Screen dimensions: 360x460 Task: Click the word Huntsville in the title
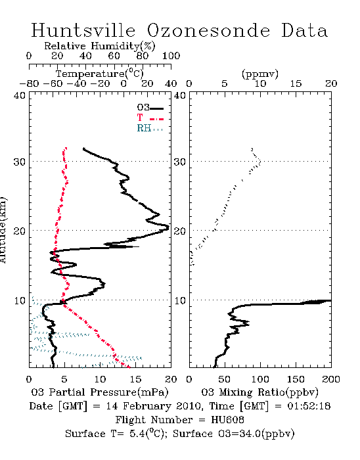pos(83,30)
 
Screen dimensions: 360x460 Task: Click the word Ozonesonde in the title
pos(208,30)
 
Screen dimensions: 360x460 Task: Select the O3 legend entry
pos(150,107)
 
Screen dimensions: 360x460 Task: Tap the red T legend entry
pos(150,118)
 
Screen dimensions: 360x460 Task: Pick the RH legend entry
pos(150,128)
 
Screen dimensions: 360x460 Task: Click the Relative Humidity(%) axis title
pos(99,46)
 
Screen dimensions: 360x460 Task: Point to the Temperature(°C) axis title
pos(99,74)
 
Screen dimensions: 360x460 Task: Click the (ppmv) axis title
pos(260,74)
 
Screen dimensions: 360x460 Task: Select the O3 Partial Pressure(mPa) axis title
pos(100,392)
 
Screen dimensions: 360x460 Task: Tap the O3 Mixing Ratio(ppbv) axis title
pos(259,392)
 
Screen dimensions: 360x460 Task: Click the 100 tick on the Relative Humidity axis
pos(171,56)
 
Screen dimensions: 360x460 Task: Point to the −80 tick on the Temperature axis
pos(29,83)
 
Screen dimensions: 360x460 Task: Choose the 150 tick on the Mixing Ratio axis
pos(296,379)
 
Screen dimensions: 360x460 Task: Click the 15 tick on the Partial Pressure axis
pos(135,379)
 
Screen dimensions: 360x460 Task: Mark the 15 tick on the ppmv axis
pos(296,83)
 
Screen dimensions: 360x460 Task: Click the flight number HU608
pos(227,420)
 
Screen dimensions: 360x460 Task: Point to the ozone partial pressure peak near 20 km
pos(168,227)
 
